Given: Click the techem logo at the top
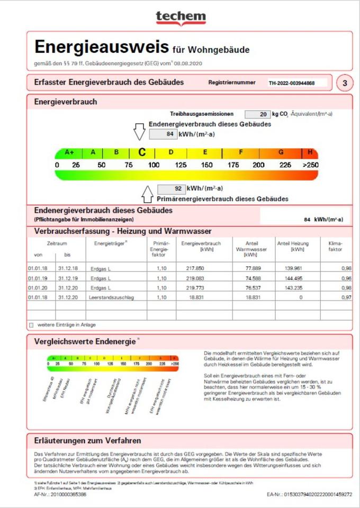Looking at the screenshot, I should point(181,17).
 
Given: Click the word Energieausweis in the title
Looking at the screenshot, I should point(102,47).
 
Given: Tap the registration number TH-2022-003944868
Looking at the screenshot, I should point(291,83).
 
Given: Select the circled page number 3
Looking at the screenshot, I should point(345,83).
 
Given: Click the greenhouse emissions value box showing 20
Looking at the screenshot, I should point(257,114).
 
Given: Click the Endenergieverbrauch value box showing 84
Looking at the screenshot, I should point(163,134).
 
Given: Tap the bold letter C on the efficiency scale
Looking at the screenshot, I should point(142,152).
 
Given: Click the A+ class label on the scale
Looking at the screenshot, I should point(69,152).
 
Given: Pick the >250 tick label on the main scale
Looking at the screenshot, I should point(310,165).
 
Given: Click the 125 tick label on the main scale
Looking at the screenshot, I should point(181,165).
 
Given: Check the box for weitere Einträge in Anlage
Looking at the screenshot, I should point(31,324).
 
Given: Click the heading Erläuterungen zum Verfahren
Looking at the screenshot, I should point(87,441).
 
